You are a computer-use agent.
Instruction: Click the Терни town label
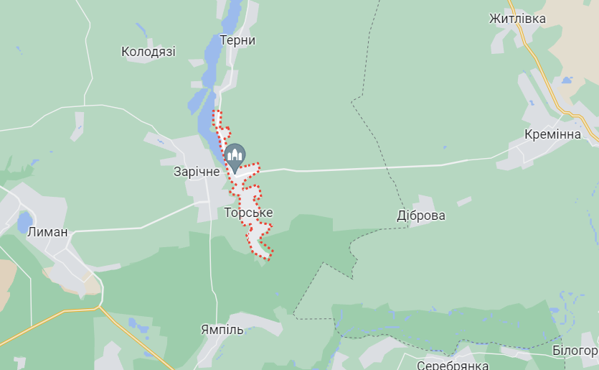pyautogui.click(x=237, y=40)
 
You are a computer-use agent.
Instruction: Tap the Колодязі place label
pyautogui.click(x=148, y=52)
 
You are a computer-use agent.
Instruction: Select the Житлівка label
pyautogui.click(x=517, y=19)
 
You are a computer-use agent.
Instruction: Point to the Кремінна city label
pyautogui.click(x=552, y=135)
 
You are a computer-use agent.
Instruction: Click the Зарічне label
pyautogui.click(x=197, y=172)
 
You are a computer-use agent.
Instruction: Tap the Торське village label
pyautogui.click(x=248, y=213)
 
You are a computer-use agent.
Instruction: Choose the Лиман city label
pyautogui.click(x=47, y=232)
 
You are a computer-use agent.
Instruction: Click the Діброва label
pyautogui.click(x=421, y=216)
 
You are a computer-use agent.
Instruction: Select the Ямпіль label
pyautogui.click(x=222, y=330)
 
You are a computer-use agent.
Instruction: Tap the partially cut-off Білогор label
pyautogui.click(x=575, y=351)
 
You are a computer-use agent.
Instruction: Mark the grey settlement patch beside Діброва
pyautogui.click(x=423, y=203)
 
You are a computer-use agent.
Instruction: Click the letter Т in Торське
pyautogui.click(x=228, y=213)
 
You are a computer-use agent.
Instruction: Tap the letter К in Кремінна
pyautogui.click(x=529, y=135)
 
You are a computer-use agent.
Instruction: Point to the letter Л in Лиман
pyautogui.click(x=31, y=232)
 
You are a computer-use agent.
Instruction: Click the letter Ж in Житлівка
pyautogui.click(x=494, y=19)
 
